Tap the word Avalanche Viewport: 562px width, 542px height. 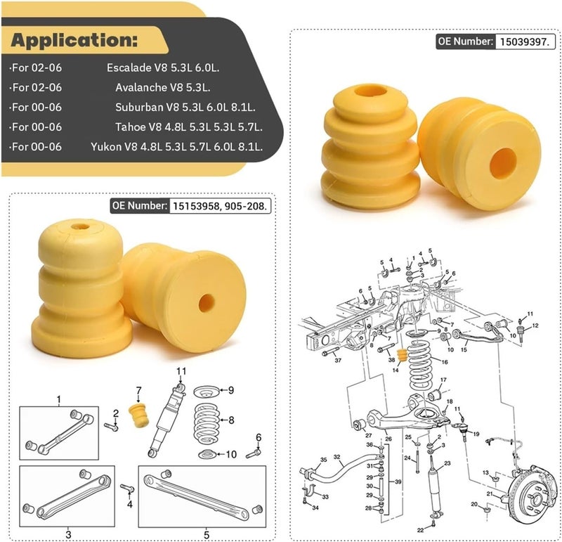point(140,88)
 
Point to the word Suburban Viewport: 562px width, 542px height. point(138,108)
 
